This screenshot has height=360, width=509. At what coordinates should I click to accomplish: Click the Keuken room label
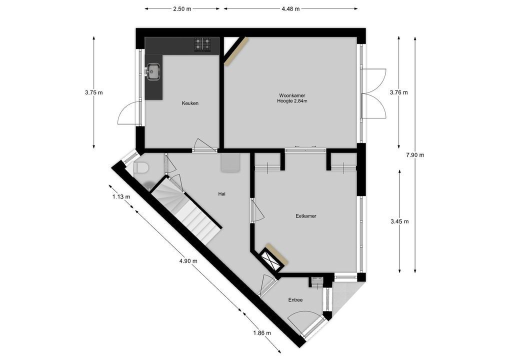coord(190,103)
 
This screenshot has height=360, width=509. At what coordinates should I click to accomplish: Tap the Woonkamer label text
coord(292,95)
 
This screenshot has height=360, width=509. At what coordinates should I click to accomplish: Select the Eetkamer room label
coord(305,216)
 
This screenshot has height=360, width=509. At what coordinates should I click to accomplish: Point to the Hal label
coord(222,194)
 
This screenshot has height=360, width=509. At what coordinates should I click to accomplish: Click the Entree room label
coord(295,300)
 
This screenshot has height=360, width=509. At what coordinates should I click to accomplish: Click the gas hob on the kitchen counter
coord(202,44)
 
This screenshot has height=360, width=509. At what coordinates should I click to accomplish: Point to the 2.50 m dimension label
coord(182,8)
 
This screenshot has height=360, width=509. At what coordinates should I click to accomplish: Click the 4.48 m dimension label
coord(290,8)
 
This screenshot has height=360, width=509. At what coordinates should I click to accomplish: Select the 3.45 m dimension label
coord(399,221)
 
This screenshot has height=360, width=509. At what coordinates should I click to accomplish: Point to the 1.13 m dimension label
coord(121,196)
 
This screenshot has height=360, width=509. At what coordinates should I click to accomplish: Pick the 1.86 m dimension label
coord(262,333)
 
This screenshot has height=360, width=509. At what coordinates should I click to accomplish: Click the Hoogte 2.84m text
coord(292,101)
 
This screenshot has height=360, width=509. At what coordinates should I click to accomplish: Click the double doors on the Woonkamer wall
coord(372,93)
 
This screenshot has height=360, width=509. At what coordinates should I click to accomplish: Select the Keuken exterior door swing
coord(128,113)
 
